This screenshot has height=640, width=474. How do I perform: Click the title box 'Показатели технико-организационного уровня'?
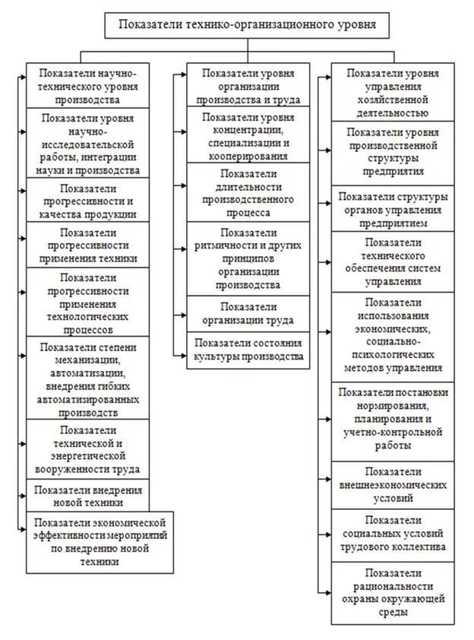247,25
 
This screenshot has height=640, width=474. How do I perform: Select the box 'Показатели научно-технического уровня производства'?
87,85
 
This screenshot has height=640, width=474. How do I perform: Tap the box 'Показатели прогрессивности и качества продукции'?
87,200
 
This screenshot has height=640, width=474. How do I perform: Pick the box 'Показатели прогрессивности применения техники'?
87,245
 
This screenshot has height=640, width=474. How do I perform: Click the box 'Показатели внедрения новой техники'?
87,496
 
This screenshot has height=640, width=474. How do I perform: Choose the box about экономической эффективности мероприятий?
100,543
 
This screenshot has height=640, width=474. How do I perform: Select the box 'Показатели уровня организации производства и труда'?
248,85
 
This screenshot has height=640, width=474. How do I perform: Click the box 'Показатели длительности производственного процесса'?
248,192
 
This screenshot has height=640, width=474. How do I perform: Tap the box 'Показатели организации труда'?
248,313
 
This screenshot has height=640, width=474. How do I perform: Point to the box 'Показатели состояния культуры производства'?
248,350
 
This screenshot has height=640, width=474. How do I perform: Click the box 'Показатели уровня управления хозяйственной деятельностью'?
393,92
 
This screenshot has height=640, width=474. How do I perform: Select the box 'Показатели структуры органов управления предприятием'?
393,208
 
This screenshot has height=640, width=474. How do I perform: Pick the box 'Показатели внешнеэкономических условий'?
393,485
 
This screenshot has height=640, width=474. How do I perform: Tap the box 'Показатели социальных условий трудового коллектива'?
393,536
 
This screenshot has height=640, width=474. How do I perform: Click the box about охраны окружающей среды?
393,593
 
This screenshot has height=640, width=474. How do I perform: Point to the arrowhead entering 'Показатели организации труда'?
184,315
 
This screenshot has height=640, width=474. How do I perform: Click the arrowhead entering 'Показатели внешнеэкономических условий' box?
328,479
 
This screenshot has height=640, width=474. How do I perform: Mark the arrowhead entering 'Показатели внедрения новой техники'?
24,496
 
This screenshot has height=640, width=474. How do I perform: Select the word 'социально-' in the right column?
393,341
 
